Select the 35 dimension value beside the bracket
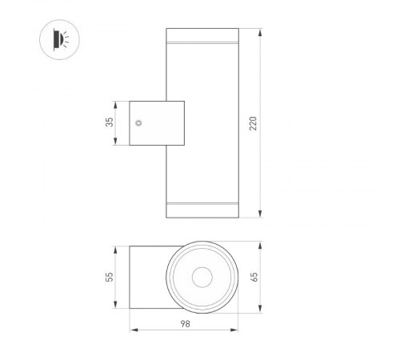[110, 123]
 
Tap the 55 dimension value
[110, 276]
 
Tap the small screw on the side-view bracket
[139, 123]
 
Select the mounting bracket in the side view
[156, 123]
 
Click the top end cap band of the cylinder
[202, 37]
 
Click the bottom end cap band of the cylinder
[202, 210]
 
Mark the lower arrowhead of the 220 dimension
[262, 215]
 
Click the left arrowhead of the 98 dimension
[133, 329]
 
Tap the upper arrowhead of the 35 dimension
[117, 103]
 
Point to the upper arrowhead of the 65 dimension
[263, 245]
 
